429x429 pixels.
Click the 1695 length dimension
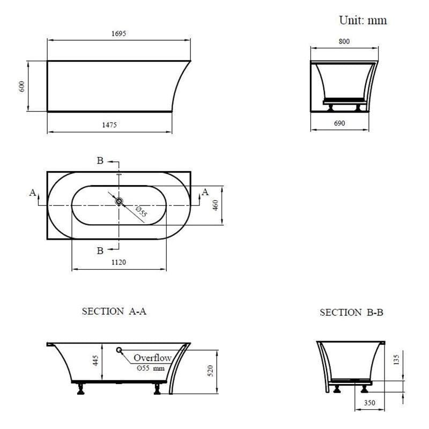(119, 34)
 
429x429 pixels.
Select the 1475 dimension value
(109, 125)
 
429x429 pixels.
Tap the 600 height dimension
(22, 86)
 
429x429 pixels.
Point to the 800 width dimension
(344, 41)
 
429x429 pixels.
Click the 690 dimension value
(339, 123)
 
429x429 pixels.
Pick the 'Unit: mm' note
(363, 20)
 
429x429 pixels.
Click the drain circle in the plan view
(119, 202)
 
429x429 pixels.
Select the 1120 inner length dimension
(119, 262)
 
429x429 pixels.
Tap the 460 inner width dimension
(216, 205)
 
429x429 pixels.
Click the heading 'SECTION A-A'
(114, 312)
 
